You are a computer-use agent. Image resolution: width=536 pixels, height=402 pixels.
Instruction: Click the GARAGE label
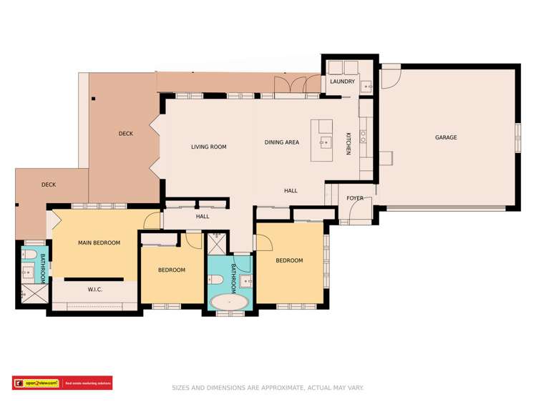pos(445,137)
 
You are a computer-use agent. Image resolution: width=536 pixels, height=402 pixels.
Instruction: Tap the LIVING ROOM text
pos(208,147)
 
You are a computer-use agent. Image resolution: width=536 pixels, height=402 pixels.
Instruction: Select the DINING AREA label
pos(281,142)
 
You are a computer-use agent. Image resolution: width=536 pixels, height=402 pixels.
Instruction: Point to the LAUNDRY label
pos(342,82)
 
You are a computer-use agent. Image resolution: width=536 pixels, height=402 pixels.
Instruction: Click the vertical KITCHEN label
pos(349,143)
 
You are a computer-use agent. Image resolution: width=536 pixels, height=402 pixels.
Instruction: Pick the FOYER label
pos(354,198)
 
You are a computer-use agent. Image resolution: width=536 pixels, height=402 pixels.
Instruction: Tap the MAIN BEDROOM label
pos(99,242)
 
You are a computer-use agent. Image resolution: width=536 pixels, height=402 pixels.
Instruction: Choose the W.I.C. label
pos(97,290)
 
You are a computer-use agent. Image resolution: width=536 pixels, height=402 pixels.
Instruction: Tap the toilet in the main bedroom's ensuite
pos(29,255)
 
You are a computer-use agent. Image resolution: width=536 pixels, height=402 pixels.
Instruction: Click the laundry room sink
pos(368,87)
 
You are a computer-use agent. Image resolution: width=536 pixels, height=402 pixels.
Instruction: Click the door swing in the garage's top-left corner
pos(390,74)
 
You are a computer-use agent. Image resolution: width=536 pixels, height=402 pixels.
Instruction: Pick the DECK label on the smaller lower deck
pos(48,185)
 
